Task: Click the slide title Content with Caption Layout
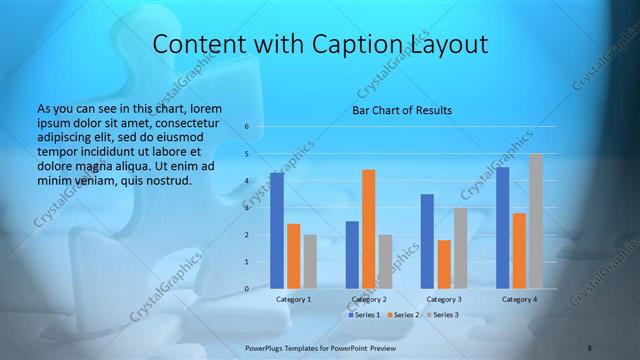(320, 45)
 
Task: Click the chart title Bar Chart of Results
(401, 110)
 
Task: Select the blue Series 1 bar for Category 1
(276, 231)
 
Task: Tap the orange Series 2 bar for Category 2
(368, 229)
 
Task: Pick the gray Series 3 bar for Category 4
(536, 221)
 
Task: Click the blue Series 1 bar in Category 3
(427, 241)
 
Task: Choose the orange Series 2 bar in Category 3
(444, 264)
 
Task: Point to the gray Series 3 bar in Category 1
(310, 262)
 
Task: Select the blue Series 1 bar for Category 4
(503, 228)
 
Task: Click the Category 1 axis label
(293, 299)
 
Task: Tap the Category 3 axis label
(444, 299)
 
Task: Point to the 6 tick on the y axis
(247, 127)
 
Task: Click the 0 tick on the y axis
(247, 289)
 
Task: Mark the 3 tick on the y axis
(247, 208)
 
